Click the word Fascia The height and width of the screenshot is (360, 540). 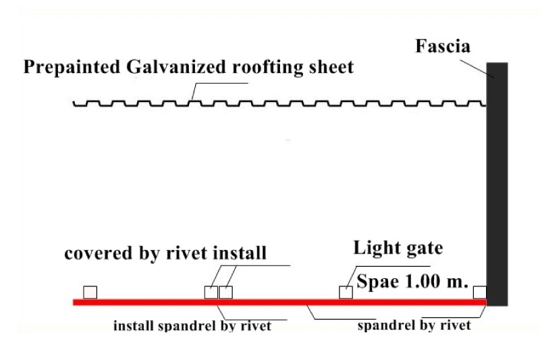443,47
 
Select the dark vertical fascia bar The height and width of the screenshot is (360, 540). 497,182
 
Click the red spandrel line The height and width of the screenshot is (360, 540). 270,301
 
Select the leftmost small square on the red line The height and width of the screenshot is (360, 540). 90,292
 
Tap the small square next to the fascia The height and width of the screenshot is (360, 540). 479,292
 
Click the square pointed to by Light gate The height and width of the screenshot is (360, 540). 346,292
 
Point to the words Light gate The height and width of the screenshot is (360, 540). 398,249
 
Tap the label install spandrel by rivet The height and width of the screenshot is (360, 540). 192,326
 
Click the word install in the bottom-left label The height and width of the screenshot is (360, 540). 133,326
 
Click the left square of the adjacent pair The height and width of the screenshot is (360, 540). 211,292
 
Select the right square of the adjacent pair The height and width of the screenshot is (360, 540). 225,292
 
